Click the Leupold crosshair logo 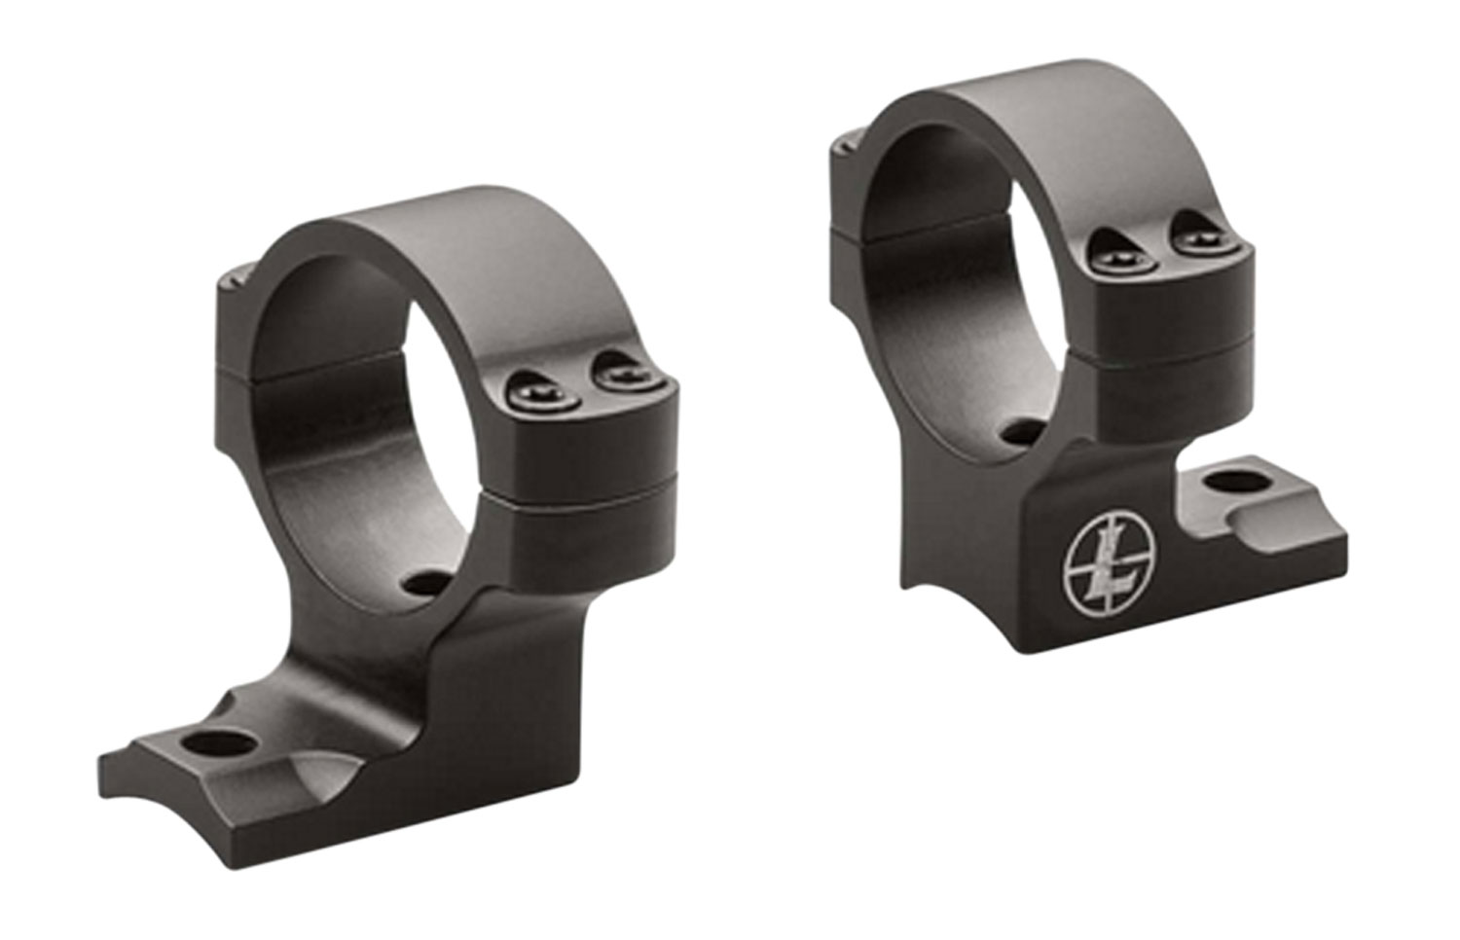click(x=1105, y=571)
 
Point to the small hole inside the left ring click(x=424, y=584)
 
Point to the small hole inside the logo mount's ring click(x=1018, y=431)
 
